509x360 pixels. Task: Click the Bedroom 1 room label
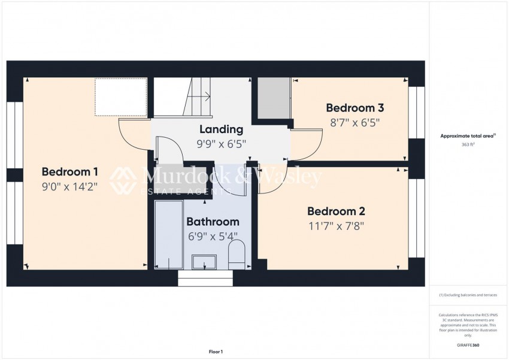(x=71, y=172)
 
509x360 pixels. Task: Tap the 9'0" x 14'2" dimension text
(x=71, y=186)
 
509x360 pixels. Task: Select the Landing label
(x=221, y=129)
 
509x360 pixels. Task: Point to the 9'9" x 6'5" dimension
(x=221, y=144)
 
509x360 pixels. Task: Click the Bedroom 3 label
(x=355, y=108)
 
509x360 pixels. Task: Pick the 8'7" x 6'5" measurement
(x=355, y=122)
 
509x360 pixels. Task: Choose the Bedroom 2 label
(x=336, y=211)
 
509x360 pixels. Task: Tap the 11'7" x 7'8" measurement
(x=336, y=226)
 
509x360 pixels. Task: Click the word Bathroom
(x=213, y=222)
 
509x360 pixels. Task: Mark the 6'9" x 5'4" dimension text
(x=213, y=236)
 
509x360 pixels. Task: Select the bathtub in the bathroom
(x=168, y=235)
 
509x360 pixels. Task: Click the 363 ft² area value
(x=468, y=144)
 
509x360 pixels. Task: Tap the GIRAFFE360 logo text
(x=468, y=345)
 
